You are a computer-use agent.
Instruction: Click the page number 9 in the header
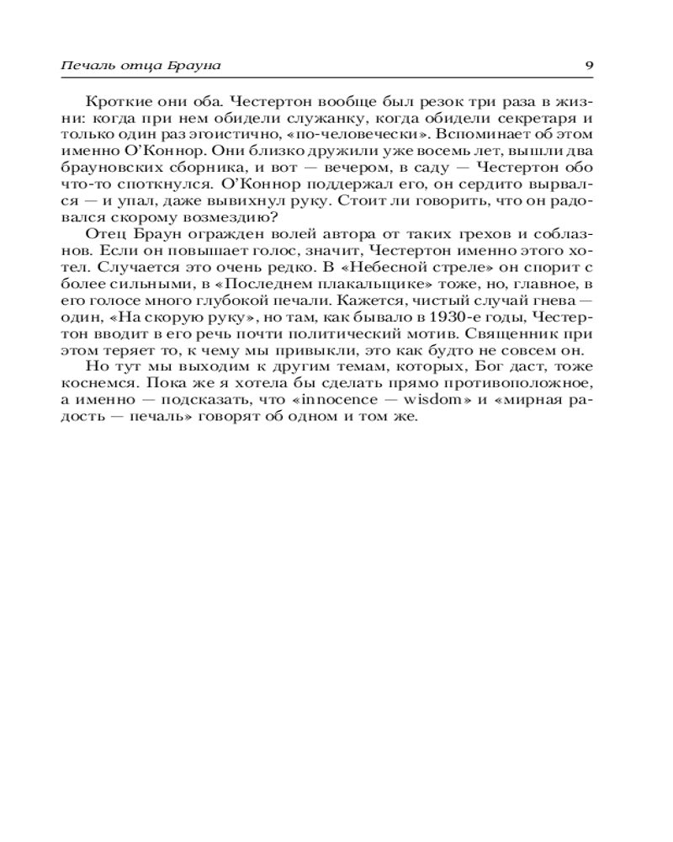tap(589, 65)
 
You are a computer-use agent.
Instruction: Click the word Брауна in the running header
tap(204, 65)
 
